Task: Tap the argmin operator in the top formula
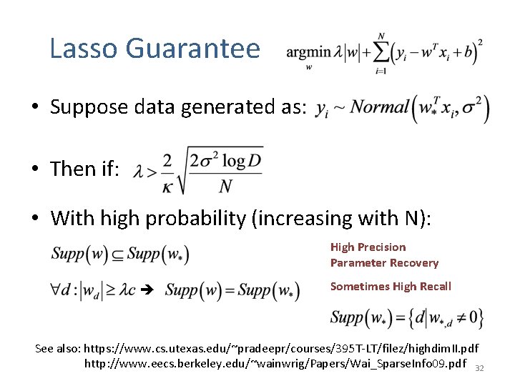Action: pyautogui.click(x=308, y=52)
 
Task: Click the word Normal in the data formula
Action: pyautogui.click(x=371, y=108)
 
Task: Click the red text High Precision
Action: pyautogui.click(x=368, y=247)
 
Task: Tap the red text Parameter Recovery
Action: pyautogui.click(x=384, y=263)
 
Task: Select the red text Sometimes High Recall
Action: pyautogui.click(x=391, y=287)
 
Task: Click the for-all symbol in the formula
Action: pyautogui.click(x=57, y=291)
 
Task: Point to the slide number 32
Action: pyautogui.click(x=480, y=368)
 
